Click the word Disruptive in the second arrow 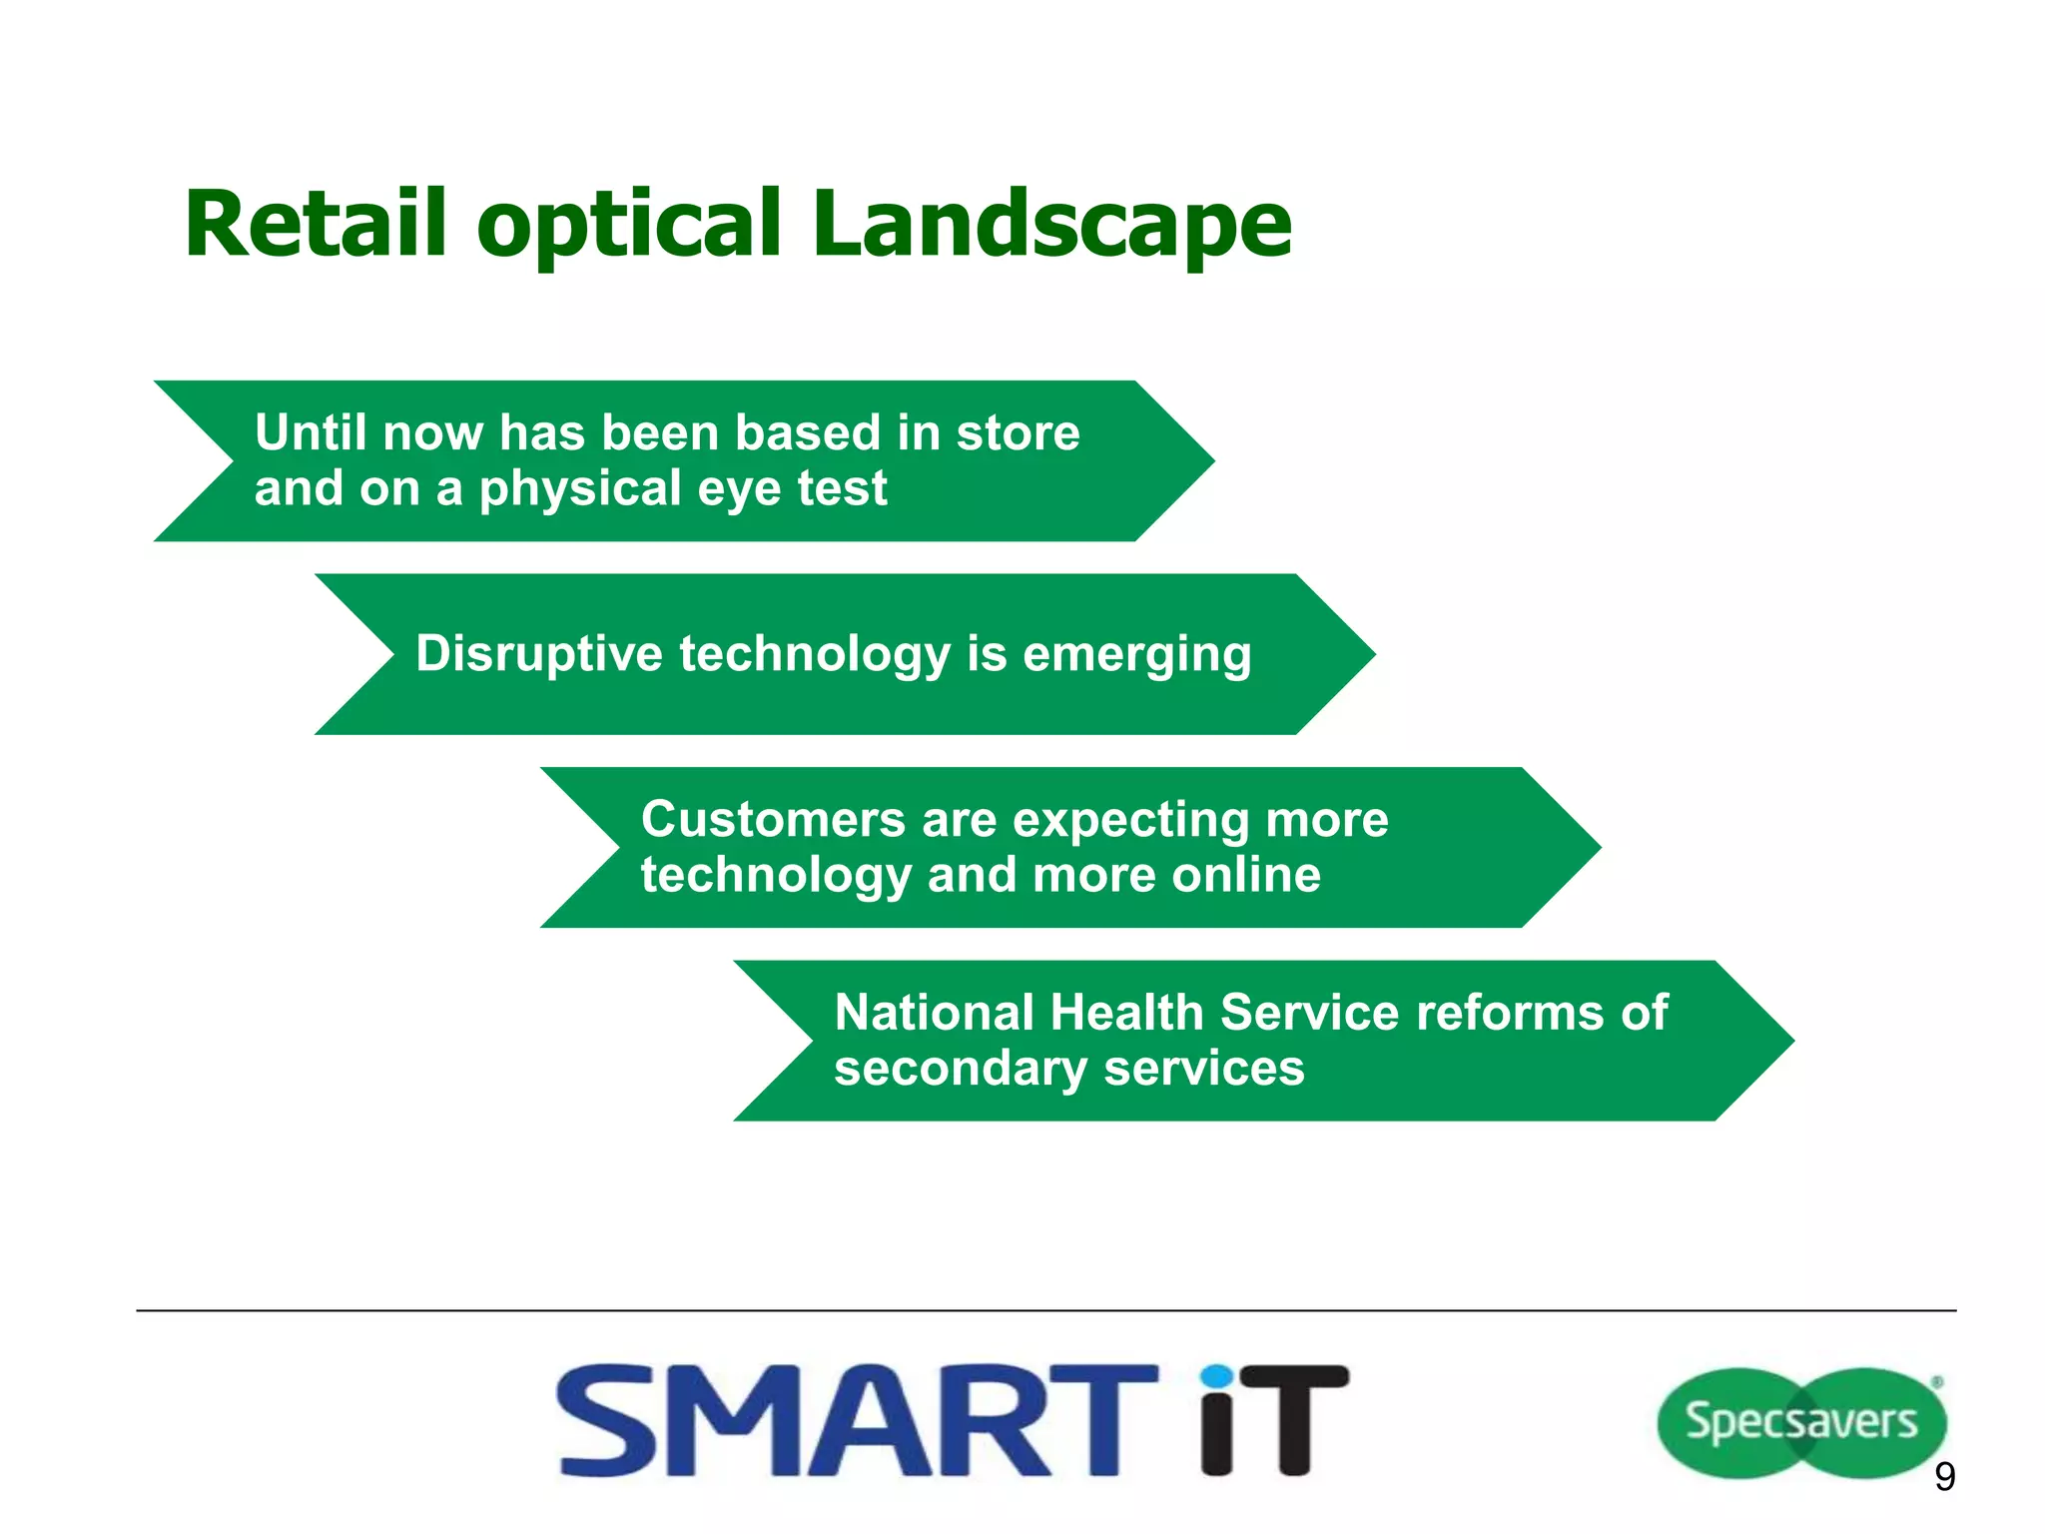[x=539, y=654]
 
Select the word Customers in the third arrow [x=772, y=820]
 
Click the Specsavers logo [x=1801, y=1422]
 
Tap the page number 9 [x=1944, y=1476]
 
